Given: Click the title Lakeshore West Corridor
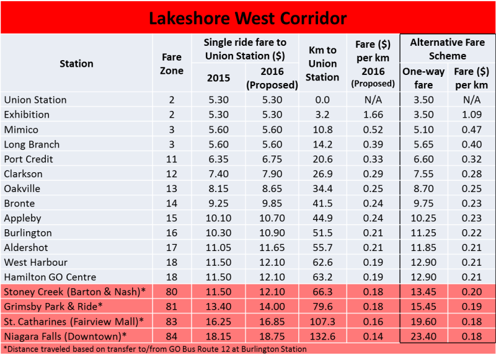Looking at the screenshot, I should (248, 17).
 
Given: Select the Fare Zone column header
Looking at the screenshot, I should (172, 63).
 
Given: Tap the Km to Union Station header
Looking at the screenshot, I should (322, 63).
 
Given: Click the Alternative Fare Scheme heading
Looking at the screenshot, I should (447, 48).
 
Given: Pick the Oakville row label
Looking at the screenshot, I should (22, 188).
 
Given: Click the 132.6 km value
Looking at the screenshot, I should (322, 336).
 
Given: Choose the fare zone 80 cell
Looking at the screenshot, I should (172, 292).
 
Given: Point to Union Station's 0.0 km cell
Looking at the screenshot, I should (322, 100).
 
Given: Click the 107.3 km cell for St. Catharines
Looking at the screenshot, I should (322, 322).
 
